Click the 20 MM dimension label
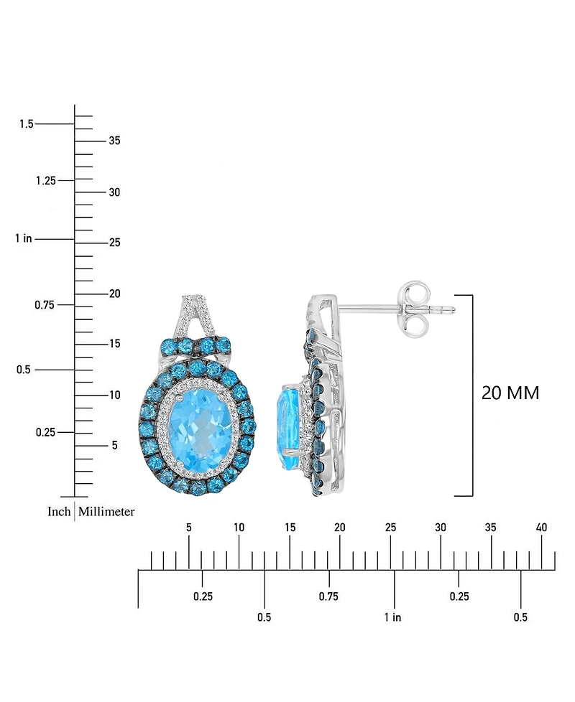pyautogui.click(x=510, y=393)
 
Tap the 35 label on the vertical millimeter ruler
pyautogui.click(x=114, y=141)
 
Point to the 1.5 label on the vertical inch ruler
pyautogui.click(x=27, y=124)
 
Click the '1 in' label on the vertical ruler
pyautogui.click(x=23, y=238)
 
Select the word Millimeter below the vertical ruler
pyautogui.click(x=106, y=512)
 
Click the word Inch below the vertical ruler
pyautogui.click(x=59, y=512)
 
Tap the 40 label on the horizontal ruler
pyautogui.click(x=541, y=528)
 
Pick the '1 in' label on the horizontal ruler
pyautogui.click(x=392, y=617)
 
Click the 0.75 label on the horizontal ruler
pyautogui.click(x=328, y=596)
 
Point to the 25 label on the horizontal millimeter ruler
pyautogui.click(x=390, y=528)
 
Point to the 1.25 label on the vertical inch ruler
pyautogui.click(x=46, y=180)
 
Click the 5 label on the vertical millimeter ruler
pyautogui.click(x=114, y=446)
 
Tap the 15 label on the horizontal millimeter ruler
pyautogui.click(x=290, y=528)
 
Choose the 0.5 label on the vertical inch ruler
pyautogui.click(x=24, y=370)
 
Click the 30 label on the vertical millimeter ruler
pyautogui.click(x=114, y=192)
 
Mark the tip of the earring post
pyautogui.click(x=454, y=310)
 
